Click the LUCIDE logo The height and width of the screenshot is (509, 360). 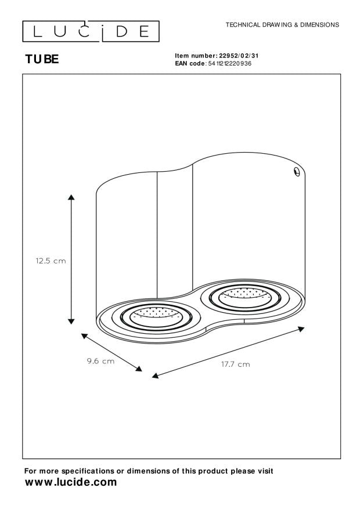tap(91, 31)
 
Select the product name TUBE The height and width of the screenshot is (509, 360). tap(42, 59)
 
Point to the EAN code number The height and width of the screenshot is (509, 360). tap(229, 63)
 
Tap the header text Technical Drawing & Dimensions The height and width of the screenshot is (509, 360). tap(282, 25)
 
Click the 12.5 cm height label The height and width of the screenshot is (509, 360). tap(51, 261)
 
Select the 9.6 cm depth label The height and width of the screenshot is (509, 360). tap(100, 361)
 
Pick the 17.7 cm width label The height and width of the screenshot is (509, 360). tap(235, 364)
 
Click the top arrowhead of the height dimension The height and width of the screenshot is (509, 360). tap(71, 198)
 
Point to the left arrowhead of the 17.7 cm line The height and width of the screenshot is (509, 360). tap(154, 376)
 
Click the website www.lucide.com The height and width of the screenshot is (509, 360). tap(70, 482)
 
